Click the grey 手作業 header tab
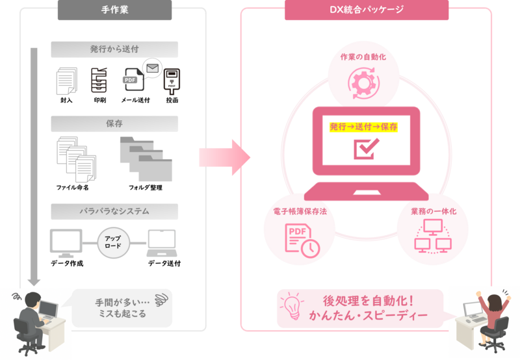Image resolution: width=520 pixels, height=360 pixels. (x=114, y=10)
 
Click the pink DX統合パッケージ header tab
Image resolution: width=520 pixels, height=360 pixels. (x=366, y=10)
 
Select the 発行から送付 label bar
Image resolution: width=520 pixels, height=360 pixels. (x=114, y=49)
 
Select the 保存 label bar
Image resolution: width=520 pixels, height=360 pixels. (x=114, y=123)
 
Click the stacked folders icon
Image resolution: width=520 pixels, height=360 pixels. (x=146, y=158)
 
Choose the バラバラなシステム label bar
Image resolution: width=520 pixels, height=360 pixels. (x=114, y=211)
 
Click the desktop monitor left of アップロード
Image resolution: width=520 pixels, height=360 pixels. (x=66, y=242)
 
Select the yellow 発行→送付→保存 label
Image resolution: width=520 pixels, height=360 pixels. (x=363, y=126)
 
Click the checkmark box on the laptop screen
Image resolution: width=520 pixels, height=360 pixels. (x=363, y=148)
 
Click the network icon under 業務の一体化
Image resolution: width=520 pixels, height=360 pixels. (x=432, y=236)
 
